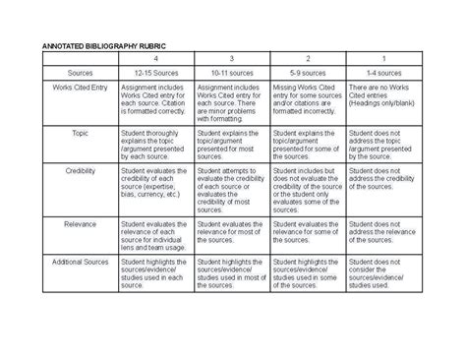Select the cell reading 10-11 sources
pyautogui.click(x=230, y=73)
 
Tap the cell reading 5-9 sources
pyautogui.click(x=308, y=73)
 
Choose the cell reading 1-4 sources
pyautogui.click(x=383, y=73)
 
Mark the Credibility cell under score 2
pyautogui.click(x=308, y=191)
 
